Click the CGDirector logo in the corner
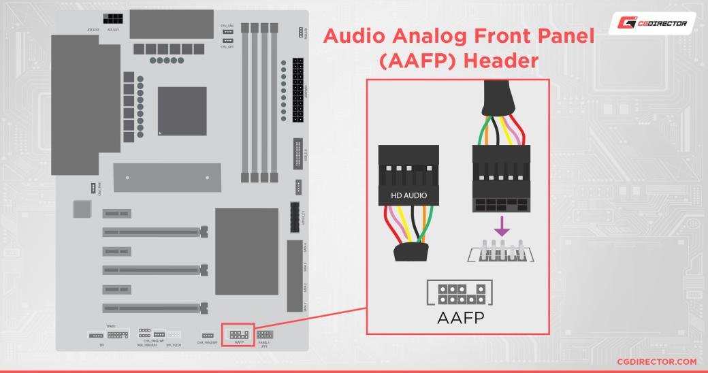(651, 24)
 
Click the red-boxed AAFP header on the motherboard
(238, 334)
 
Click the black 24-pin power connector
(297, 89)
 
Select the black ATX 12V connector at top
(113, 18)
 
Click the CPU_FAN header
(227, 32)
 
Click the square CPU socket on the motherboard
(182, 111)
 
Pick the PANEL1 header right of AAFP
(265, 334)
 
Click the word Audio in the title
(360, 37)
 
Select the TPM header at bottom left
(118, 335)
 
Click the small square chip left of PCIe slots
(82, 209)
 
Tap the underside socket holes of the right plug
(500, 204)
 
